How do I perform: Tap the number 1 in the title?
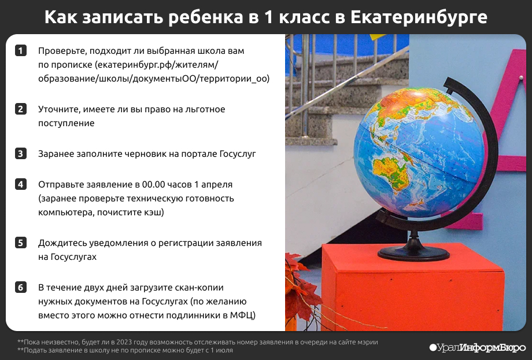pyautogui.click(x=268, y=17)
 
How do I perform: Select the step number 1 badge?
pyautogui.click(x=21, y=50)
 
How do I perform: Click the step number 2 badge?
pyautogui.click(x=21, y=109)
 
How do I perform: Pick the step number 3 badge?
pyautogui.click(x=21, y=153)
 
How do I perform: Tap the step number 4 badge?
pyautogui.click(x=21, y=185)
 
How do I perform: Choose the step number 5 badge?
pyautogui.click(x=21, y=243)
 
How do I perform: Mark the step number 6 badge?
pyautogui.click(x=21, y=287)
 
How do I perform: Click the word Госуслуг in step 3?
pyautogui.click(x=238, y=154)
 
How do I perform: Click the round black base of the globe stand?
pyautogui.click(x=413, y=253)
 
